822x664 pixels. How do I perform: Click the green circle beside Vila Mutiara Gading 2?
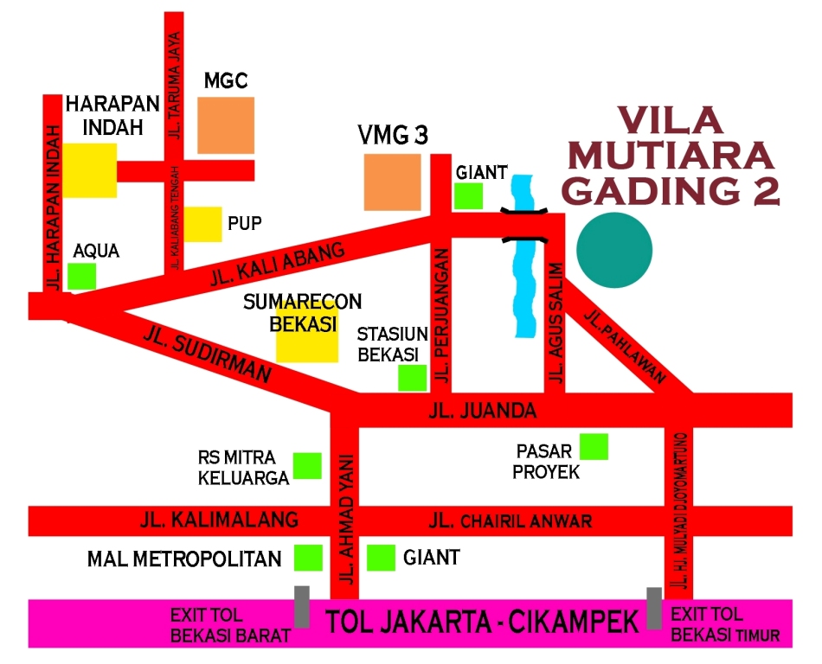[x=613, y=250]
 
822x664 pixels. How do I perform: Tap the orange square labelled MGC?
[x=226, y=125]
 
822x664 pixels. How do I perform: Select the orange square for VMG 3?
[x=392, y=182]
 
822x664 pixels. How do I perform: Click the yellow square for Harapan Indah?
[x=91, y=170]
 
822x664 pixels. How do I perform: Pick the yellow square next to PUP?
[x=202, y=225]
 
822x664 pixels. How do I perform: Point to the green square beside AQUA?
[x=82, y=276]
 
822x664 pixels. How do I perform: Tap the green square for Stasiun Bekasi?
[x=412, y=378]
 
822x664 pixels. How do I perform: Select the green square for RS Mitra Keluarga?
[x=307, y=466]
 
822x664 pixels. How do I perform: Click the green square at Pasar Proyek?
[x=594, y=446]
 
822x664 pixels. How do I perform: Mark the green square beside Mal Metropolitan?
[x=307, y=558]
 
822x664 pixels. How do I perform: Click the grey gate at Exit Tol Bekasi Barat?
[x=301, y=606]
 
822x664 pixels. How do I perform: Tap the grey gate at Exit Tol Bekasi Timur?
[x=655, y=608]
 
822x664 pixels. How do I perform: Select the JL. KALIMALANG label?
[x=218, y=520]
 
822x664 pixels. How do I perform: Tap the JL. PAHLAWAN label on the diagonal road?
[x=624, y=345]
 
